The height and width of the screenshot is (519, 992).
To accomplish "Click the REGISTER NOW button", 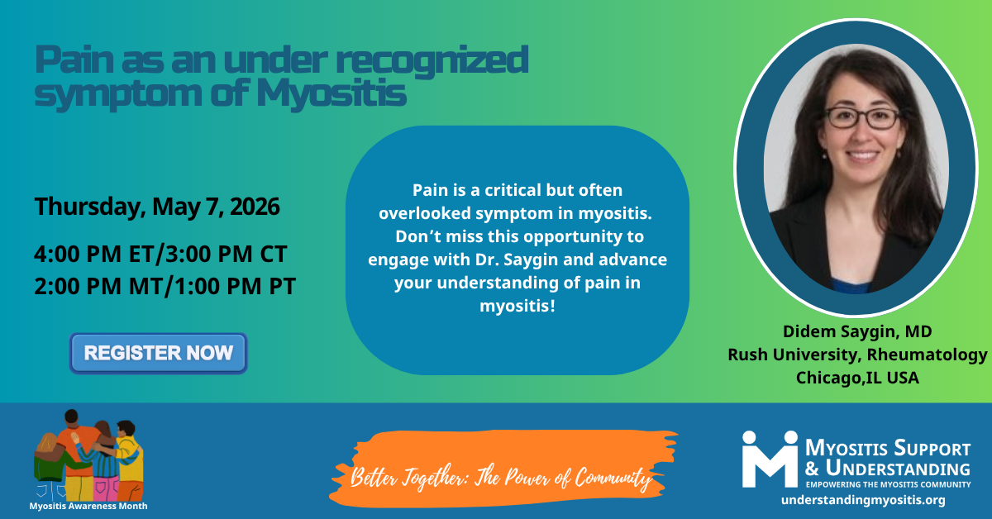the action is pos(159,354).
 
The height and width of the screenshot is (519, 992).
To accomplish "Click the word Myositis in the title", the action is pos(331,94).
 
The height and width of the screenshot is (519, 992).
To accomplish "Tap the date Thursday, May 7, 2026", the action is pos(157,207).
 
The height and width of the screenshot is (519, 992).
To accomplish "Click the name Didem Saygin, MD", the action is pos(857,331).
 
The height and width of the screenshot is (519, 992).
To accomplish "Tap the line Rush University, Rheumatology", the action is pos(857,355).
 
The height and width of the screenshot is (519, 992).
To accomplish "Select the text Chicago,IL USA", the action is pos(857,378).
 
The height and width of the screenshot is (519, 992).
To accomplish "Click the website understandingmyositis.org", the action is pos(863,500).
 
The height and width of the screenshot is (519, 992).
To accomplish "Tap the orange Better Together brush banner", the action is pos(503,469).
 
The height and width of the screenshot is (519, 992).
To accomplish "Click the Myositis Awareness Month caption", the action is pos(88,506).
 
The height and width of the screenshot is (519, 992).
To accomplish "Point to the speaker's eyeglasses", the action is pos(861,118).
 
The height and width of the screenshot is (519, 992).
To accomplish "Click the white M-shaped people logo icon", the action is pos(770,459).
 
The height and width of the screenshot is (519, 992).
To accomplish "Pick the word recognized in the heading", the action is pos(432,61).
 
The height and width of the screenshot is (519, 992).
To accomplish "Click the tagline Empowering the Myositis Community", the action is pos(888,484).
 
